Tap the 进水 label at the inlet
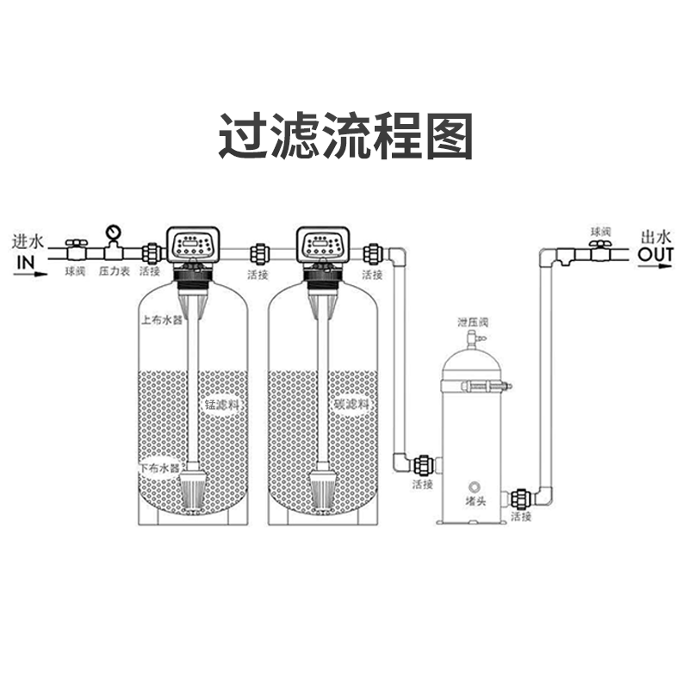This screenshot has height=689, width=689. point(33,239)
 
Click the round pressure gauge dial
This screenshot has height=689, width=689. point(114,232)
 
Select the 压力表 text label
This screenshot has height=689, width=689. point(114,271)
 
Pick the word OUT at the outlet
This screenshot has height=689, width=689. point(655,255)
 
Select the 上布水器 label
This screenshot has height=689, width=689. point(162,320)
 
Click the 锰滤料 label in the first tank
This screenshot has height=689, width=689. point(219,402)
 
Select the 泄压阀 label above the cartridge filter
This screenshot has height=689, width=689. point(473,322)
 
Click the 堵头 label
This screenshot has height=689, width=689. point(471,501)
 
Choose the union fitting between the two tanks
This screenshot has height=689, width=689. point(258,254)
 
